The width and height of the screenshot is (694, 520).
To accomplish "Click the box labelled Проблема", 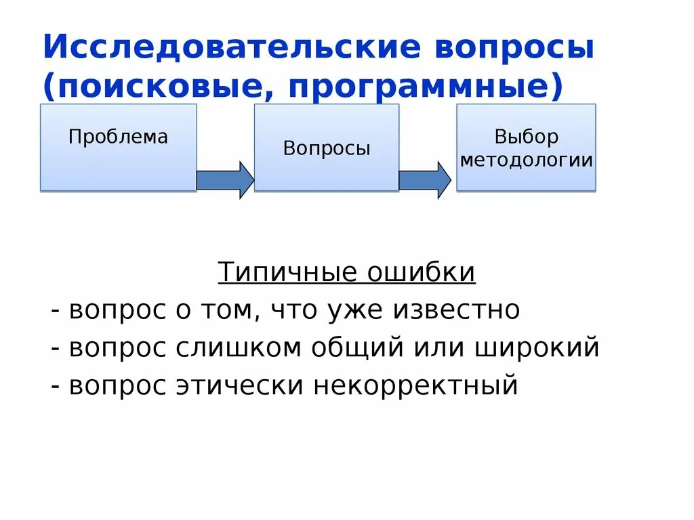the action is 118,147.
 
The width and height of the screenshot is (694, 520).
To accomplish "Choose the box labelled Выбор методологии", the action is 526,147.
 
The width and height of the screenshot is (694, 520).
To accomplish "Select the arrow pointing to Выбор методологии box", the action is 424,180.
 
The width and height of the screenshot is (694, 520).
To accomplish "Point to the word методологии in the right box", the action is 526,160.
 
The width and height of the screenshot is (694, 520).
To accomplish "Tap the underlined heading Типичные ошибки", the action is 347,273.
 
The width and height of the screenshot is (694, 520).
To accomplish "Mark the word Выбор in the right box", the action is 526,137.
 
